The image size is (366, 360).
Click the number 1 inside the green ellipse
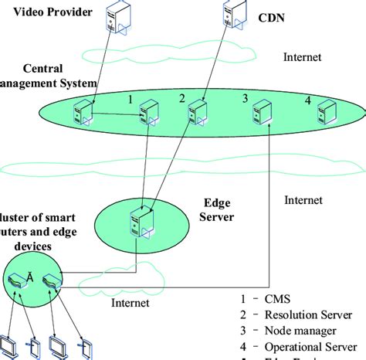coord(132,99)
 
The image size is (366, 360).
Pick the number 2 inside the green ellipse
coord(182,99)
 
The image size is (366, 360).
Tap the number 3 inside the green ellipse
coord(245,99)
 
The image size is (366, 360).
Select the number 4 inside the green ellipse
coord(307,100)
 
